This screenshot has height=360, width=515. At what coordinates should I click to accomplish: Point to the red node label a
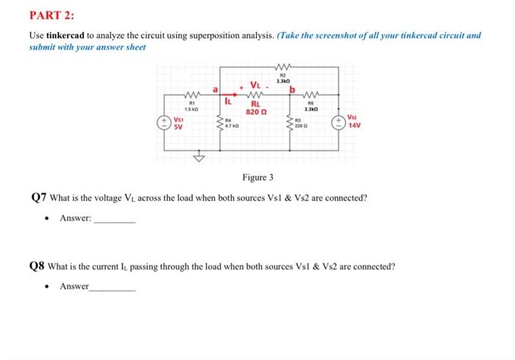pyautogui.click(x=216, y=89)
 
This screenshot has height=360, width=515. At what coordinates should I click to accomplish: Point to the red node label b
pyautogui.click(x=292, y=89)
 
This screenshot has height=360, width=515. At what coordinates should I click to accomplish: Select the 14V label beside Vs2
pyautogui.click(x=353, y=125)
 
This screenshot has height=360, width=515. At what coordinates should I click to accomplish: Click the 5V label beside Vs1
pyautogui.click(x=178, y=126)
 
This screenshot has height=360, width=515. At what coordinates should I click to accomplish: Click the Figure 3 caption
pyautogui.click(x=258, y=177)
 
